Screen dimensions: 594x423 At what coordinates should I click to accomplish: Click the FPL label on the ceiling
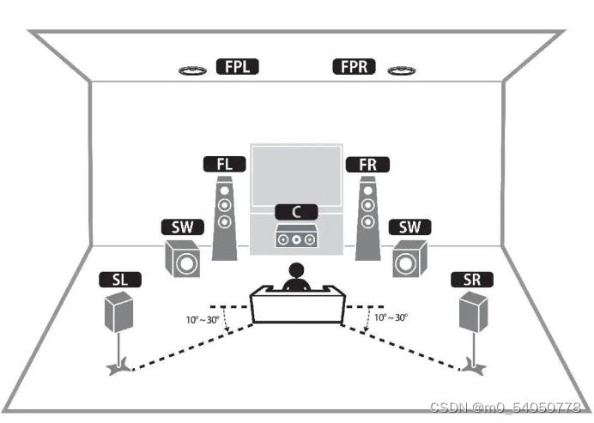pyautogui.click(x=238, y=66)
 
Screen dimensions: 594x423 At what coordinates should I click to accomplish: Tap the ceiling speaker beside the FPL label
pyautogui.click(x=192, y=69)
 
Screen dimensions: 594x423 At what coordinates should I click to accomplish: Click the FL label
pyautogui.click(x=223, y=163)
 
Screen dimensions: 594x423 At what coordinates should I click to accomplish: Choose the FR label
pyautogui.click(x=367, y=163)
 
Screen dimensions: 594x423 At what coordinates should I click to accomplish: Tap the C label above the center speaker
pyautogui.click(x=295, y=210)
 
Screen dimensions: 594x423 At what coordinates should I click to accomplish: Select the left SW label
pyautogui.click(x=181, y=227)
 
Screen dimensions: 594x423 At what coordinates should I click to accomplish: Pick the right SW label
pyautogui.click(x=409, y=227)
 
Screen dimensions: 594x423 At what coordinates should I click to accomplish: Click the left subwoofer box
pyautogui.click(x=185, y=260)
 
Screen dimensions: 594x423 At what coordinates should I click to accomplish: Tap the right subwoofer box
pyautogui.click(x=409, y=260)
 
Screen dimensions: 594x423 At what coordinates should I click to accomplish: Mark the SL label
pyautogui.click(x=121, y=280)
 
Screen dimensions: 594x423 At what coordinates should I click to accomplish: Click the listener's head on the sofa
pyautogui.click(x=296, y=272)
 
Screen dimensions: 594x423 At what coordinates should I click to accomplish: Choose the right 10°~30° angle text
pyautogui.click(x=391, y=317)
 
